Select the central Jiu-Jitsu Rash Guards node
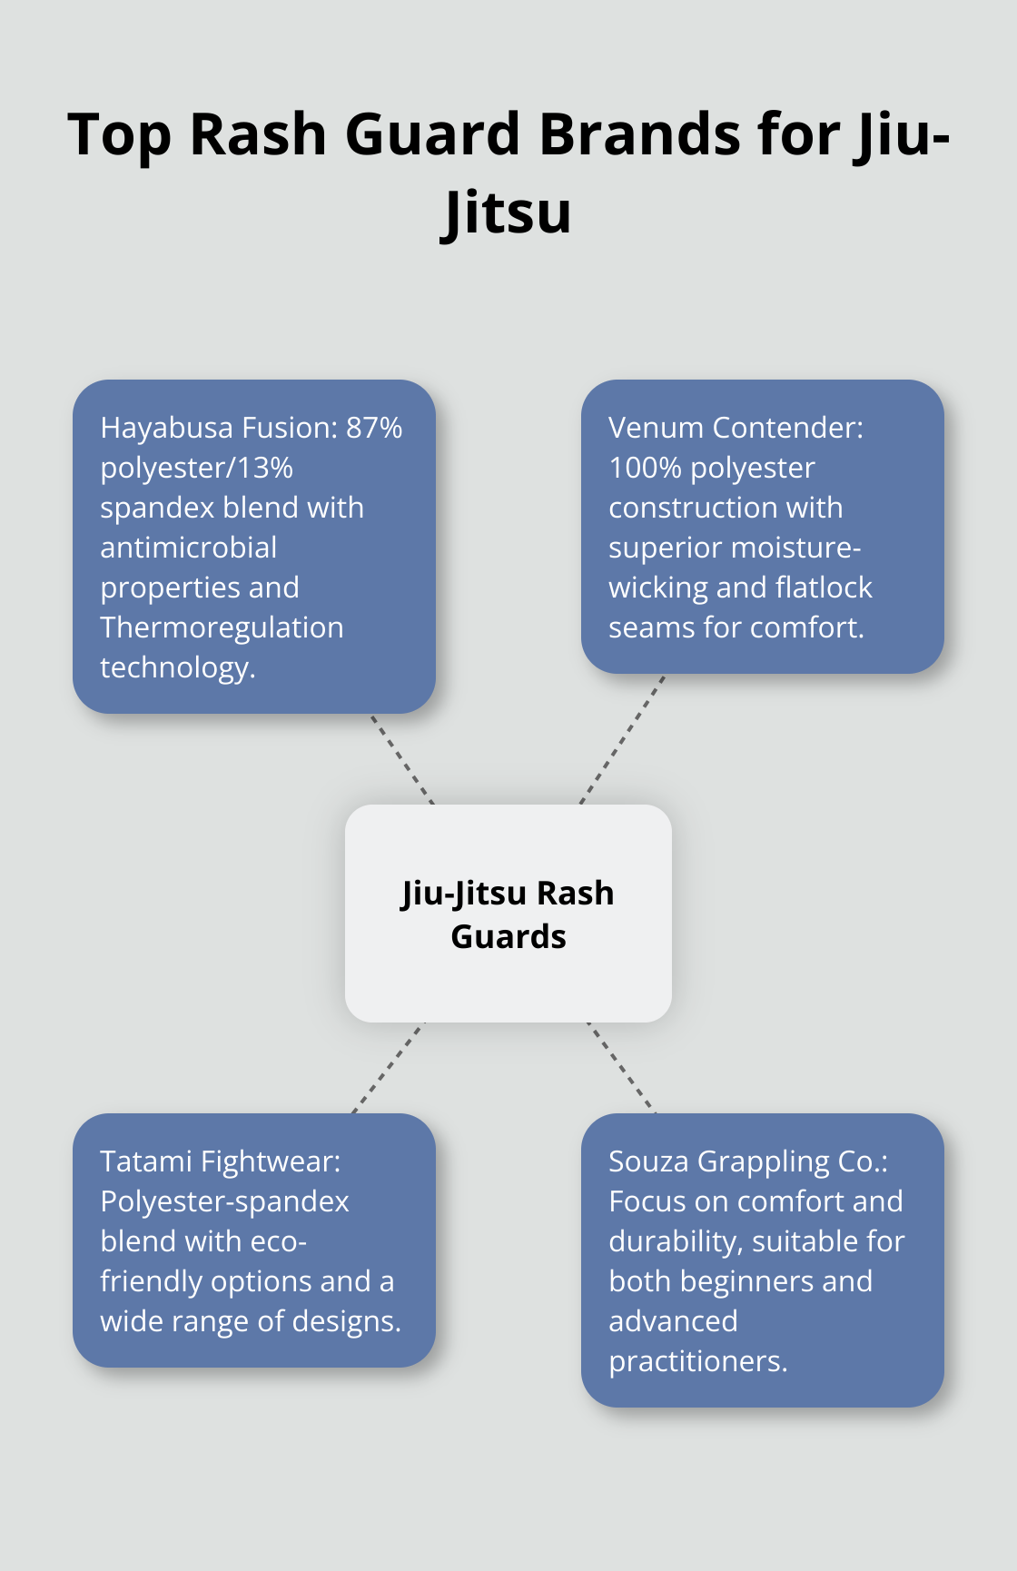tap(508, 914)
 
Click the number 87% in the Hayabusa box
tap(374, 428)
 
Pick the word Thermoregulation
tap(222, 627)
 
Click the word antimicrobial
tap(188, 548)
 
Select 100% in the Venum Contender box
tap(644, 468)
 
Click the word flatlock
tap(822, 588)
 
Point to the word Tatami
tap(145, 1161)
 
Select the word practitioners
tap(697, 1361)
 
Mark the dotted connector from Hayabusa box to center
tap(402, 759)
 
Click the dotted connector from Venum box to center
tap(623, 739)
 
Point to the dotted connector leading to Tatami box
tap(389, 1068)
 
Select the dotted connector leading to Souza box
tap(621, 1068)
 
